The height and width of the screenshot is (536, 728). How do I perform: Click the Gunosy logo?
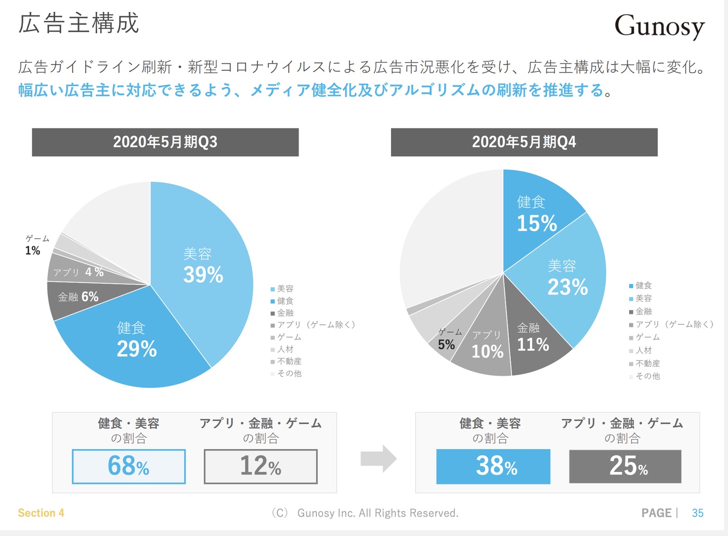[659, 26]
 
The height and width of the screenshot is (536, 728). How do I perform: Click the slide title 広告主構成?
[79, 24]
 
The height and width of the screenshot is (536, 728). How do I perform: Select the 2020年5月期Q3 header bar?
[165, 142]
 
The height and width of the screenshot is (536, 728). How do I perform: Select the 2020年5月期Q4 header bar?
[524, 142]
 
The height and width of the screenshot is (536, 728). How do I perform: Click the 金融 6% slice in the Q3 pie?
[78, 297]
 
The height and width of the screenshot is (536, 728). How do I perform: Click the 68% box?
[128, 466]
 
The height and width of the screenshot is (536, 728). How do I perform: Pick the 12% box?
[261, 466]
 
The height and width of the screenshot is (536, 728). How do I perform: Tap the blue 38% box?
[493, 466]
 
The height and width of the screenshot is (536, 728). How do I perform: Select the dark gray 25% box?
[625, 466]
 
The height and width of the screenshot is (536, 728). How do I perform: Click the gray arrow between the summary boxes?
[379, 458]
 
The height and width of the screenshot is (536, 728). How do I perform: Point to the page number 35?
[697, 513]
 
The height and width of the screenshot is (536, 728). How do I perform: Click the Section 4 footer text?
[41, 513]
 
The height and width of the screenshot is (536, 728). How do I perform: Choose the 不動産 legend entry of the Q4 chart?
[647, 363]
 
